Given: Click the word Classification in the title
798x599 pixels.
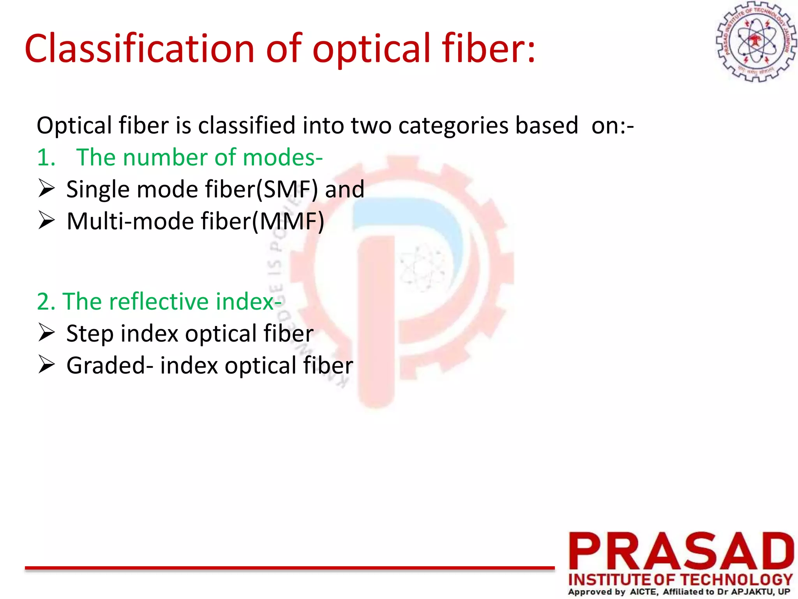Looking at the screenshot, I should (139, 49).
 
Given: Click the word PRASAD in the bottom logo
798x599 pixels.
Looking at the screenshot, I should (681, 551).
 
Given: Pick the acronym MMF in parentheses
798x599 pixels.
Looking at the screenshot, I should (288, 222).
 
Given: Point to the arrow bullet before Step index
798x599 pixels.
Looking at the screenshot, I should (46, 333).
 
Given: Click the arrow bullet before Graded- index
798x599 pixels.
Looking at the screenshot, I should (46, 365).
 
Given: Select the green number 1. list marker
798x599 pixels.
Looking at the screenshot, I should (46, 158).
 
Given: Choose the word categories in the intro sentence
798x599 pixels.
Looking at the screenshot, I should (453, 126).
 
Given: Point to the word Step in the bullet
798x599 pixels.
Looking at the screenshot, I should (90, 335).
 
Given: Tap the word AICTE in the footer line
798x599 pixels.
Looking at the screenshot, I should (644, 592).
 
